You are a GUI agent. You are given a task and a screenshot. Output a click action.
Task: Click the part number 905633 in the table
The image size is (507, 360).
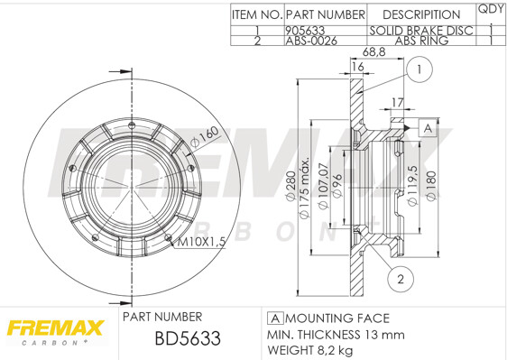[x=305, y=31]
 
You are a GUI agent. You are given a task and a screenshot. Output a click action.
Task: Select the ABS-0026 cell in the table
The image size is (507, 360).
[x=311, y=41]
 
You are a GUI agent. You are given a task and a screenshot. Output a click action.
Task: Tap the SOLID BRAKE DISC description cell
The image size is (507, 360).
[x=421, y=31]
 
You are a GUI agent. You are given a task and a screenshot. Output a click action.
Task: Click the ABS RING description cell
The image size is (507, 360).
[x=421, y=41]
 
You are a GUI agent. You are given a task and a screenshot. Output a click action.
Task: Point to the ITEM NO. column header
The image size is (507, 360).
[x=257, y=14]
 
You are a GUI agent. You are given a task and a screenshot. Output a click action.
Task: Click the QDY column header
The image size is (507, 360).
[x=491, y=9]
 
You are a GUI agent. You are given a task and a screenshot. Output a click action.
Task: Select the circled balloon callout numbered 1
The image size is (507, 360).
[x=419, y=69]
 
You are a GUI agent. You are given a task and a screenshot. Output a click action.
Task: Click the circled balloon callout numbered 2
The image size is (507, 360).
[x=401, y=279]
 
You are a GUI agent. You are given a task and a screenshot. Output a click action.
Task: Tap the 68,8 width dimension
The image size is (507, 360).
[x=373, y=52]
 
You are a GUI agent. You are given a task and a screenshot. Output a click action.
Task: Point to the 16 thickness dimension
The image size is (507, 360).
[x=357, y=67]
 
